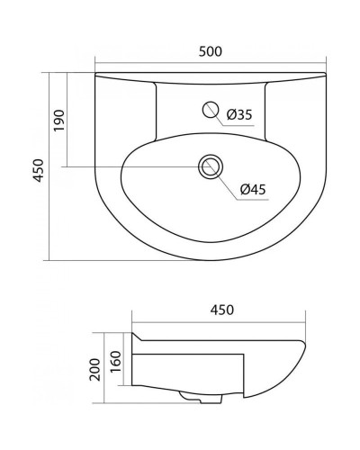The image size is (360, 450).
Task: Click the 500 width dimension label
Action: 211,52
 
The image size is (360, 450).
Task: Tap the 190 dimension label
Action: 60,120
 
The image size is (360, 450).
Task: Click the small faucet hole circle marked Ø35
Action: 211,110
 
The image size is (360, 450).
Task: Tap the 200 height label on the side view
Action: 94,368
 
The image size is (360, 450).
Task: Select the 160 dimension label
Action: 115,361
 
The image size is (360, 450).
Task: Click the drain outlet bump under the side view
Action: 192,397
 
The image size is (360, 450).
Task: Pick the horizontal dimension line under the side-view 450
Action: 221,321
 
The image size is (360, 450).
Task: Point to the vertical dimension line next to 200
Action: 103,369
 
